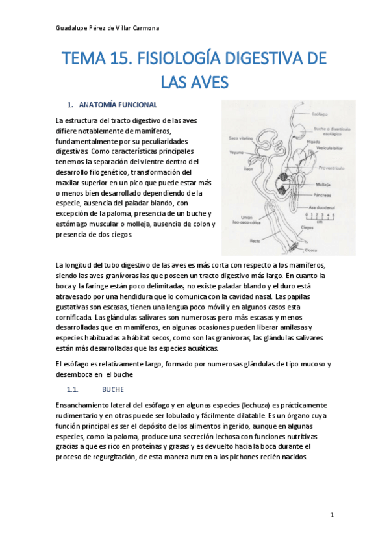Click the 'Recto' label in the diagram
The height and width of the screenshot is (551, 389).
tap(256, 240)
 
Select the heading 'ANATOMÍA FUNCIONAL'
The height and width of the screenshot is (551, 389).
tap(117, 104)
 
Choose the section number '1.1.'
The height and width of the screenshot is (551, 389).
tap(72, 391)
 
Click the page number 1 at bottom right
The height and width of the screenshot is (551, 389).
tap(332, 515)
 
